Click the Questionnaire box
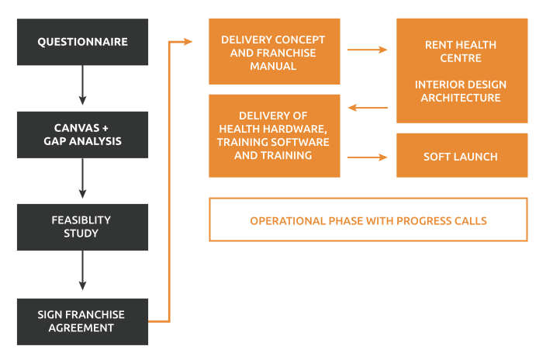(82, 42)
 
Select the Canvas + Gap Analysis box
(82, 135)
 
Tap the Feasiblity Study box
(82, 227)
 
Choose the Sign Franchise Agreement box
(82, 322)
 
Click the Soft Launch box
(462, 155)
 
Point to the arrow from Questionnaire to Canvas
(82, 85)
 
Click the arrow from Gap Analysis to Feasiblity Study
(82, 178)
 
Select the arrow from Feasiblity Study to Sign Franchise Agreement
(82, 270)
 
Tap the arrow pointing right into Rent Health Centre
(367, 50)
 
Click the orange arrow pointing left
(368, 108)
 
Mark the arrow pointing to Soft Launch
(367, 157)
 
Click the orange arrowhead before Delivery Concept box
(188, 42)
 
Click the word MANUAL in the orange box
(273, 66)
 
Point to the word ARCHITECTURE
(461, 98)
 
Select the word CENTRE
(461, 58)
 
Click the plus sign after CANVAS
(105, 128)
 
